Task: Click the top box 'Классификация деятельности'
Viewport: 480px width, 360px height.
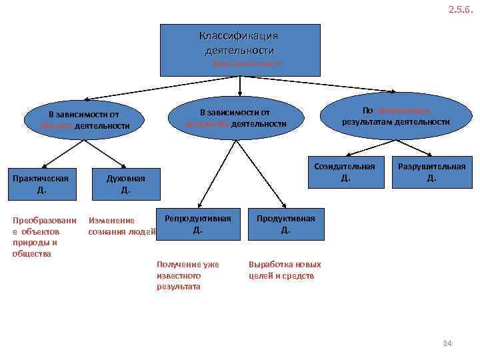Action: pos(239,50)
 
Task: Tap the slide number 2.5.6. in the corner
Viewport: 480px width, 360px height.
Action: pos(460,9)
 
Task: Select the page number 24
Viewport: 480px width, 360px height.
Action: pos(447,343)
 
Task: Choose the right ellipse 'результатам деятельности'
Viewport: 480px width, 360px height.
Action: pos(396,116)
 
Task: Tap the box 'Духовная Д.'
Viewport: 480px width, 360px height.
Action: pos(125,184)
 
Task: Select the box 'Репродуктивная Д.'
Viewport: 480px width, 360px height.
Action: pos(198,224)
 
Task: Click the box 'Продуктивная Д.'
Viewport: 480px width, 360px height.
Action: pos(286,224)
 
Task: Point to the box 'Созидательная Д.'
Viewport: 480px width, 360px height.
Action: pos(345,172)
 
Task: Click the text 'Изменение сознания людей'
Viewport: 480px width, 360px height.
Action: pos(122,226)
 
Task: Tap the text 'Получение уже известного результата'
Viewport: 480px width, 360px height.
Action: pos(183,275)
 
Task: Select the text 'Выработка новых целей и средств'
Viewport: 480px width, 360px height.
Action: pos(285,269)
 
